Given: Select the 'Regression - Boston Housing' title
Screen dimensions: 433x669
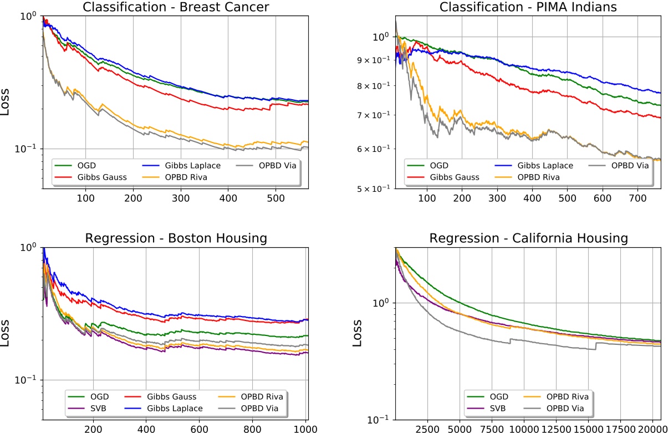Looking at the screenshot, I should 175,238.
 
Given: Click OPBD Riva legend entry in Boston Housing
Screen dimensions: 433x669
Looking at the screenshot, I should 263,396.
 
